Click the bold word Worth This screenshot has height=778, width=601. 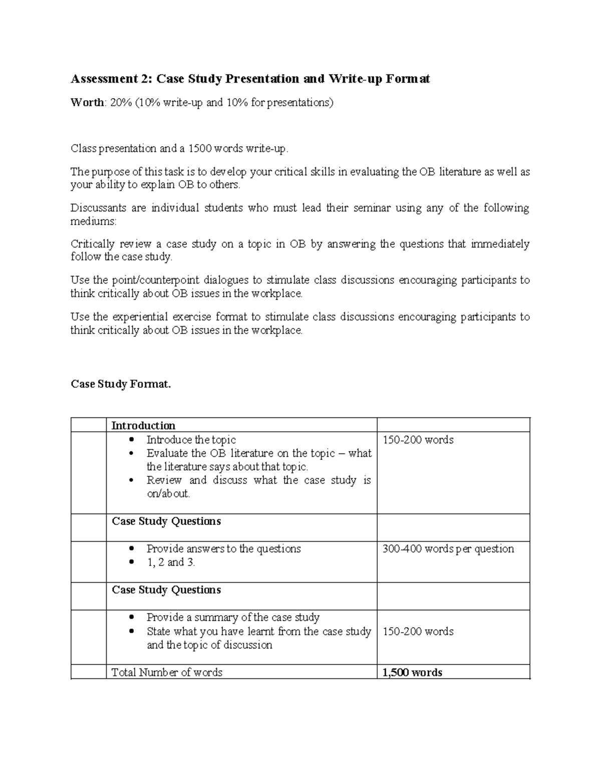click(x=88, y=103)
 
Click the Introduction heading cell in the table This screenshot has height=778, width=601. click(x=143, y=426)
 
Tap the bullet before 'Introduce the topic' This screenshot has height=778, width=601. click(x=131, y=440)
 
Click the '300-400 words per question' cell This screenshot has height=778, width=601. click(x=448, y=549)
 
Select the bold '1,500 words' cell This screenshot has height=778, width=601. click(x=412, y=672)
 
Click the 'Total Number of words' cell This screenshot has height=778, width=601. click(x=167, y=672)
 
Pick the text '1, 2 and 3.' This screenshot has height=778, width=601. click(x=171, y=563)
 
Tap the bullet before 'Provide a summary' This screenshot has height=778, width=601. click(x=131, y=618)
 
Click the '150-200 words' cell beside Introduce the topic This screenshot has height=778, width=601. click(x=418, y=440)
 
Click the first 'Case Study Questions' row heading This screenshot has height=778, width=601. click(x=166, y=522)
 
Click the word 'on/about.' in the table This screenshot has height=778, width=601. click(x=168, y=493)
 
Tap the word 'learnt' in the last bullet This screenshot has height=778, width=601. click(x=260, y=631)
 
